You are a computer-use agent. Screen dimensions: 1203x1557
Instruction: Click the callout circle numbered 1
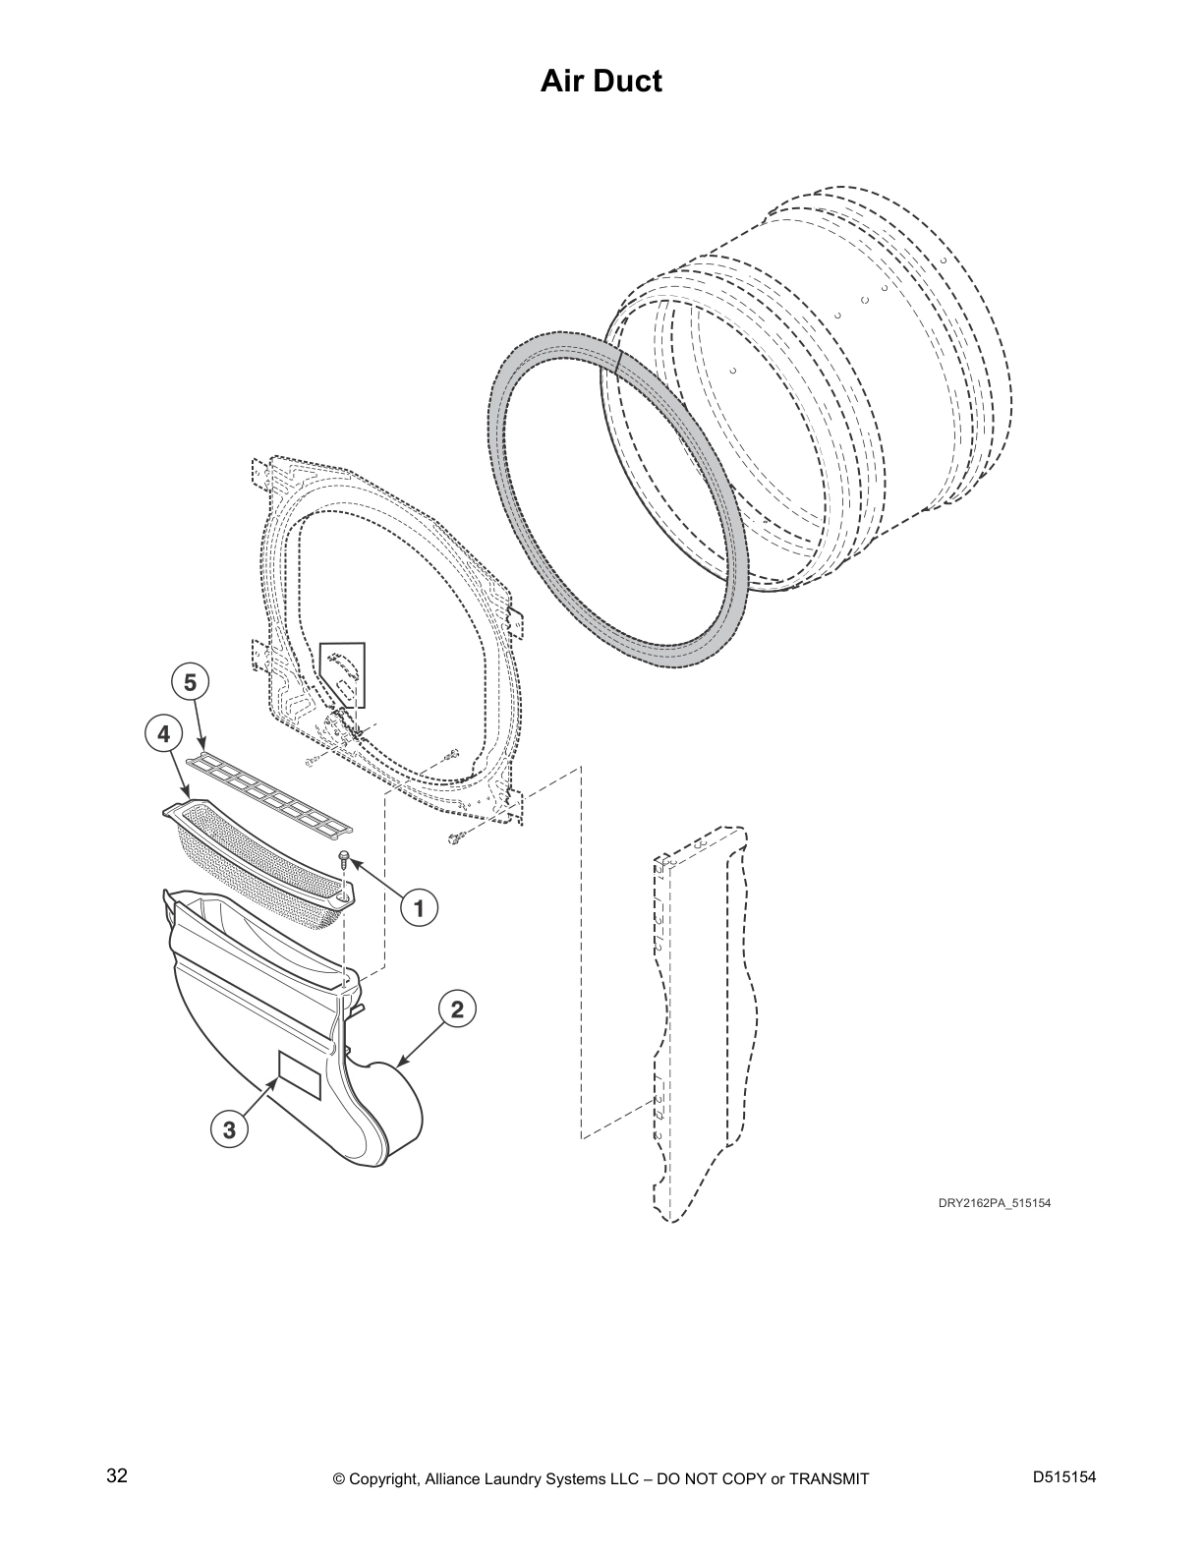click(x=419, y=908)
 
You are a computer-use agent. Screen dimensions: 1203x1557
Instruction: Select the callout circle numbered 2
click(x=457, y=1009)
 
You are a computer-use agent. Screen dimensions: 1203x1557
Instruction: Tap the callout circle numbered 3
click(x=229, y=1130)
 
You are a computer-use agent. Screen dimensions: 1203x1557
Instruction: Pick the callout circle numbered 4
click(x=164, y=733)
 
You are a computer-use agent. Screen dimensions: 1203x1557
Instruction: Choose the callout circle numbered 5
click(x=190, y=682)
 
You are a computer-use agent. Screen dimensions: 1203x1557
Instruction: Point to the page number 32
click(x=117, y=1476)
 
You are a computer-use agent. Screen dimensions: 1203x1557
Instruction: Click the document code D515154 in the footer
click(x=1064, y=1476)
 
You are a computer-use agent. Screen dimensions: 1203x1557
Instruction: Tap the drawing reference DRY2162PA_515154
click(x=995, y=1203)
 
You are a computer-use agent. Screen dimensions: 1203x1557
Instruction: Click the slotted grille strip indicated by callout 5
click(x=270, y=790)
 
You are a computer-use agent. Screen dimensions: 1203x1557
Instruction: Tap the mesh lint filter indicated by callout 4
click(x=259, y=860)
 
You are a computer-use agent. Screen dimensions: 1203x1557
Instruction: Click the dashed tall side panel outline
click(x=705, y=1023)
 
